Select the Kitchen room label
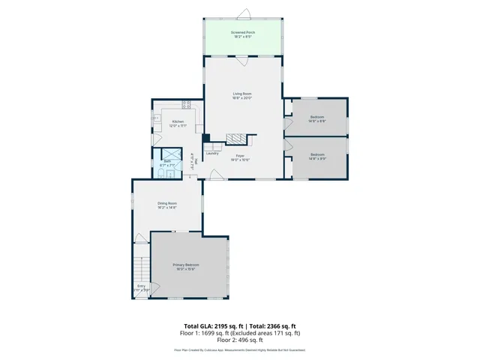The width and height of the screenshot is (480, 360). (x=178, y=123)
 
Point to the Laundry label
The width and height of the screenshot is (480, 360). (x=212, y=153)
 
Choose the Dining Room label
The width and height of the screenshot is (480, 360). (x=166, y=205)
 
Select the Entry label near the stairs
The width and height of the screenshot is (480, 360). (x=142, y=286)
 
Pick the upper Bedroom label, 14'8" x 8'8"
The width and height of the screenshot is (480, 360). (x=317, y=118)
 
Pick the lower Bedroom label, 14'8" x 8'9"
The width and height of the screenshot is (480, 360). (x=317, y=157)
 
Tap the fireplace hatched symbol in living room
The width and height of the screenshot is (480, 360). (x=237, y=139)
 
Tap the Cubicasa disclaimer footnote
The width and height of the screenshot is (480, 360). (x=240, y=349)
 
